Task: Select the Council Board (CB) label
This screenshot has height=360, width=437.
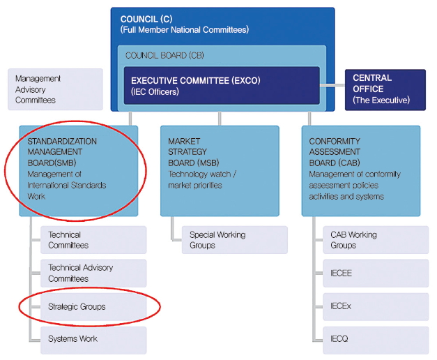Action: click(x=164, y=55)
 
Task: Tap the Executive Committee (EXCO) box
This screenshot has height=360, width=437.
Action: click(x=222, y=86)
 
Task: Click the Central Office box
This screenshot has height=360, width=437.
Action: click(x=385, y=89)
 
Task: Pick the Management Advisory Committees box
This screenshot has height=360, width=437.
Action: click(x=55, y=89)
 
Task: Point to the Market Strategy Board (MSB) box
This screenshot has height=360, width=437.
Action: click(x=220, y=170)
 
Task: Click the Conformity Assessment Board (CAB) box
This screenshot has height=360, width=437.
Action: click(x=360, y=170)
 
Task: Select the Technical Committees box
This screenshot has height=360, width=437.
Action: click(x=93, y=240)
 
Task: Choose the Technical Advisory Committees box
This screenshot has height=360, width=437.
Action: click(x=93, y=273)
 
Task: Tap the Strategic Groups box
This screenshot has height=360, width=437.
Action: click(x=93, y=306)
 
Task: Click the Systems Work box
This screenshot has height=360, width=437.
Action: click(x=93, y=339)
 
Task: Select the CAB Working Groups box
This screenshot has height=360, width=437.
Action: click(x=375, y=240)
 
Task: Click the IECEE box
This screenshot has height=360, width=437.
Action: click(x=375, y=273)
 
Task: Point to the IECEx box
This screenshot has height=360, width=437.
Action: click(x=375, y=306)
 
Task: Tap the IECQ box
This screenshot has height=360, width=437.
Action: click(x=375, y=339)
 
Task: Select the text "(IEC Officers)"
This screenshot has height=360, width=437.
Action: click(x=154, y=91)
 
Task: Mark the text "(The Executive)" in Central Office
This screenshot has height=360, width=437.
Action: click(x=381, y=100)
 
